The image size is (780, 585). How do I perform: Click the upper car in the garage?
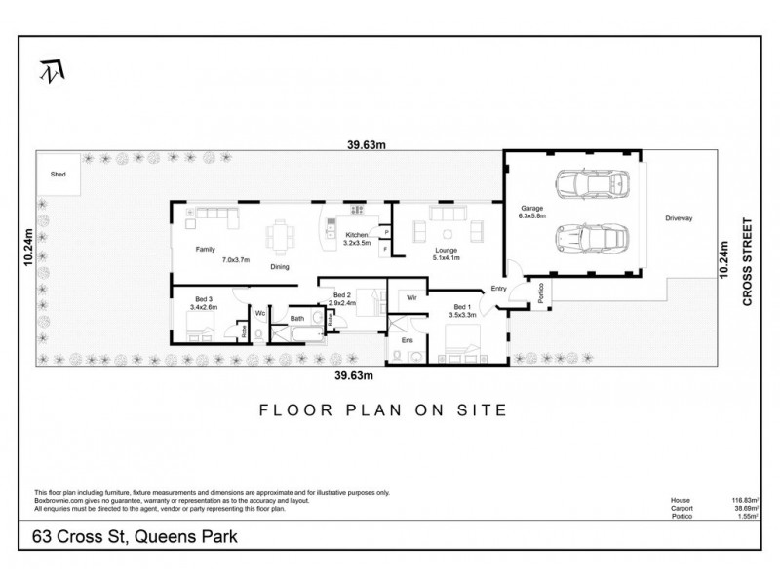click(588, 183)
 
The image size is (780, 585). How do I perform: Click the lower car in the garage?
click(588, 237)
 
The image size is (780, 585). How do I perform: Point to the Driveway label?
click(679, 218)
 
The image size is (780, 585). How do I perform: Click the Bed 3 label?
click(203, 299)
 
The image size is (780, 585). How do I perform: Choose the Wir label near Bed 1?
click(411, 296)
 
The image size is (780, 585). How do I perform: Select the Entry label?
click(499, 288)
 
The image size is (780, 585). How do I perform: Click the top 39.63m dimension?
click(368, 145)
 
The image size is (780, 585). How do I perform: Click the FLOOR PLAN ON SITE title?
click(382, 409)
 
